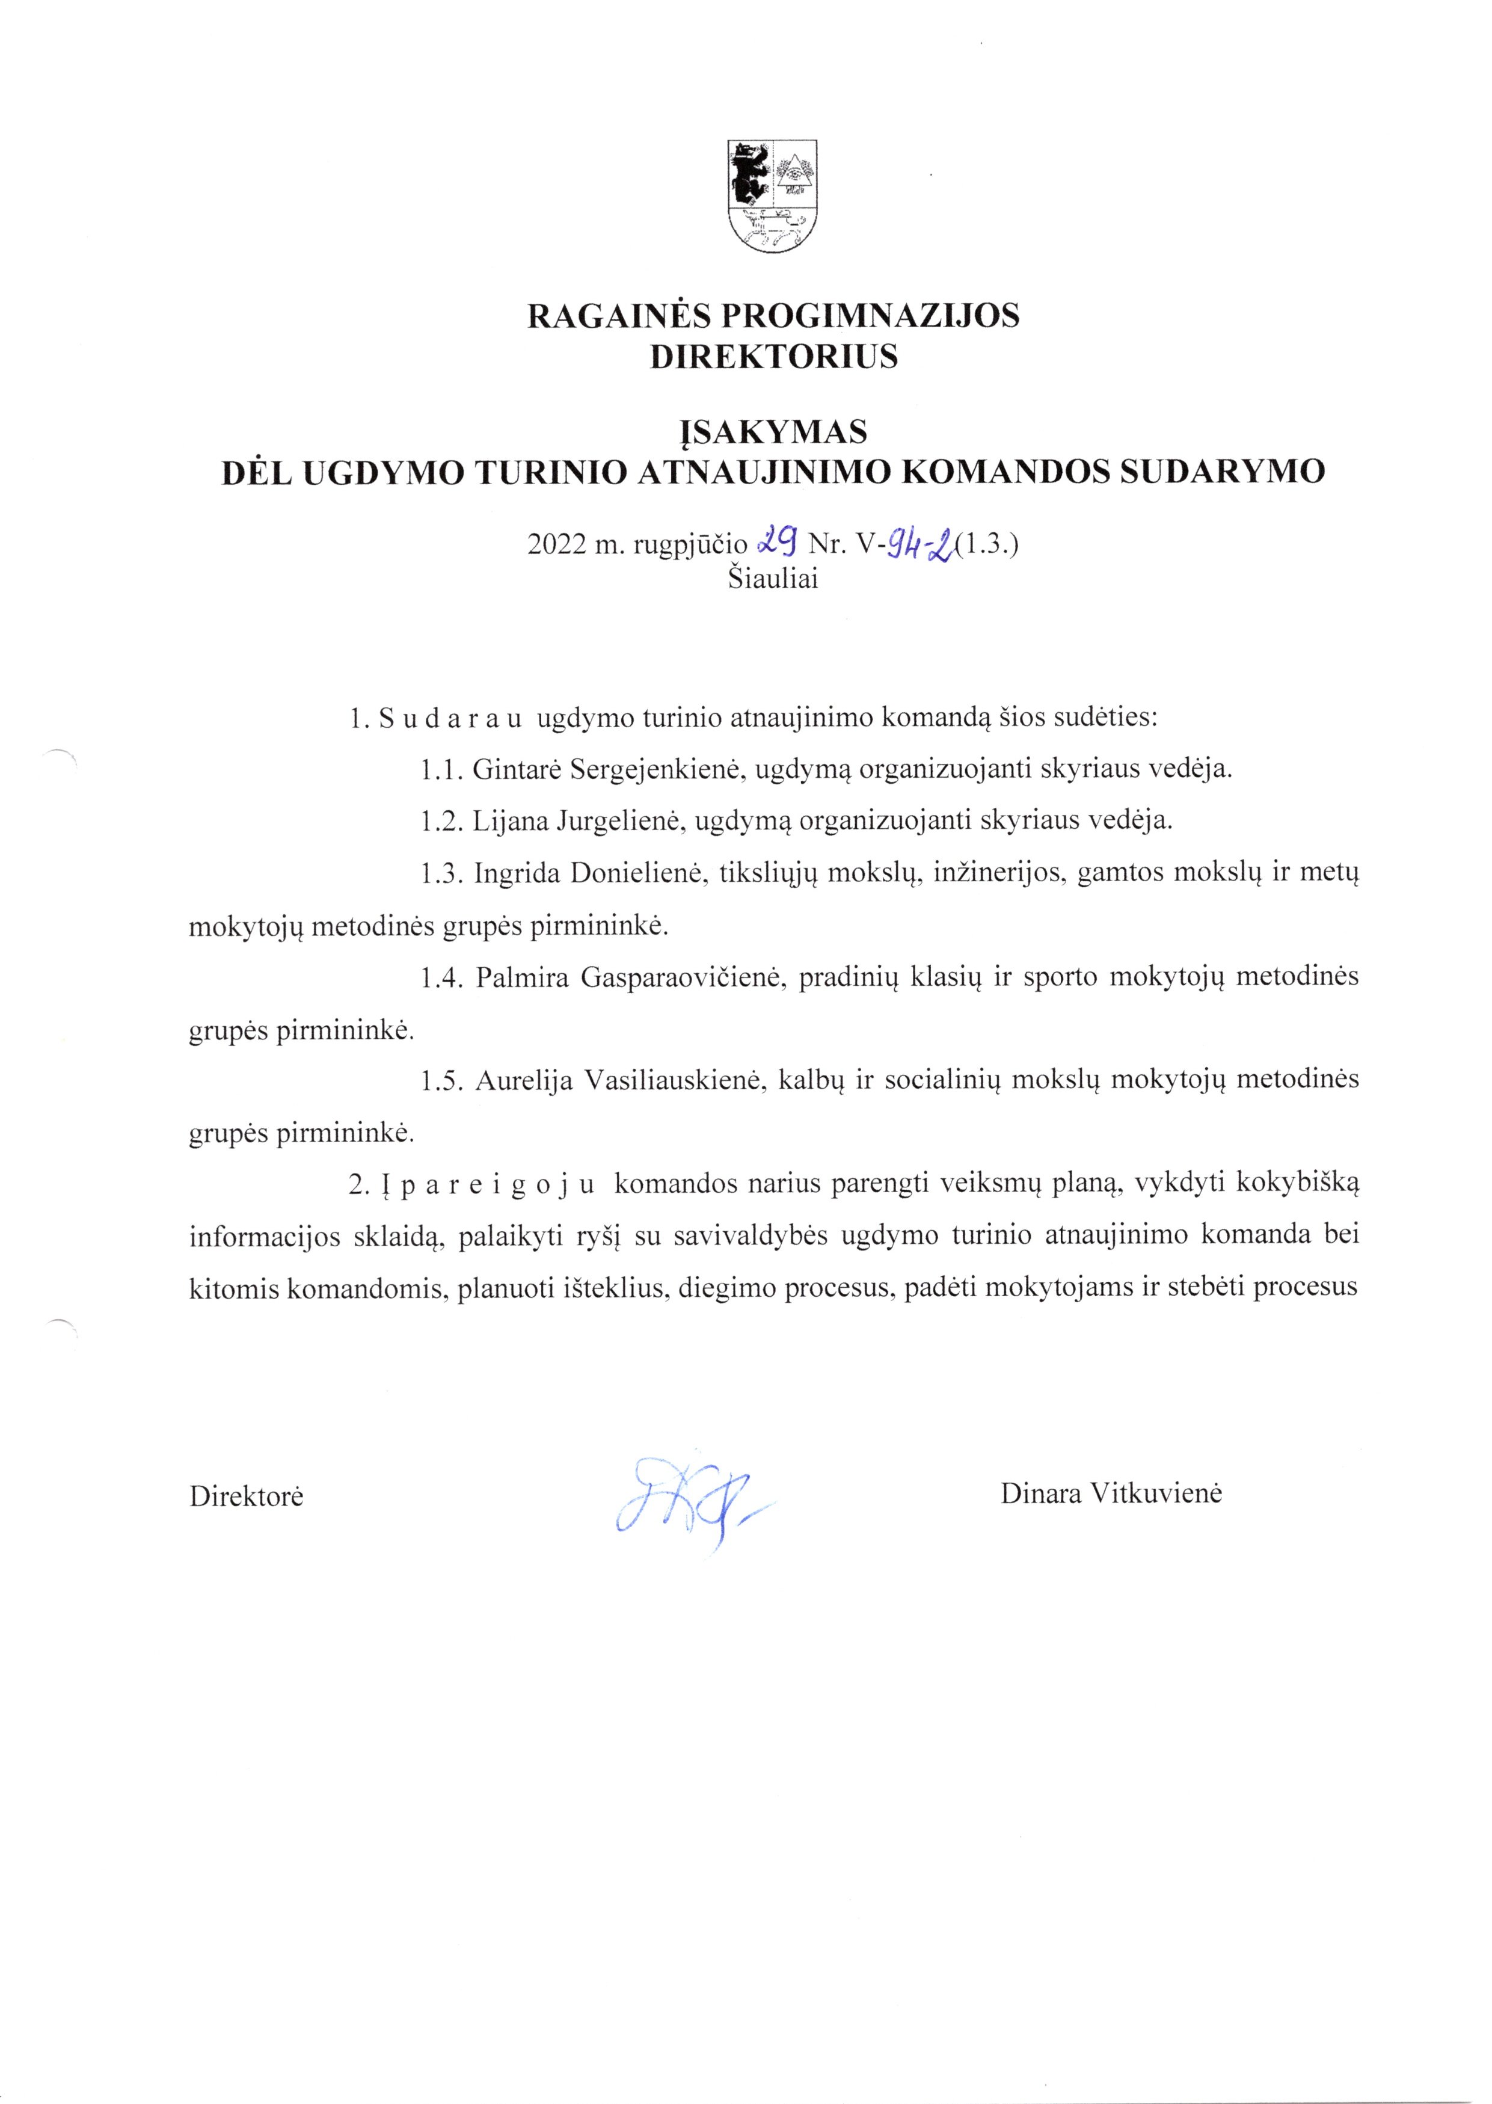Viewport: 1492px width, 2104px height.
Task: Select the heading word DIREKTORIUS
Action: [x=773, y=357]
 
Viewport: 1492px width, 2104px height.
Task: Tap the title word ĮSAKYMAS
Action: [x=773, y=431]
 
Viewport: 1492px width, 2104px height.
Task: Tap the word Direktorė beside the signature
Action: [x=246, y=1496]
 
